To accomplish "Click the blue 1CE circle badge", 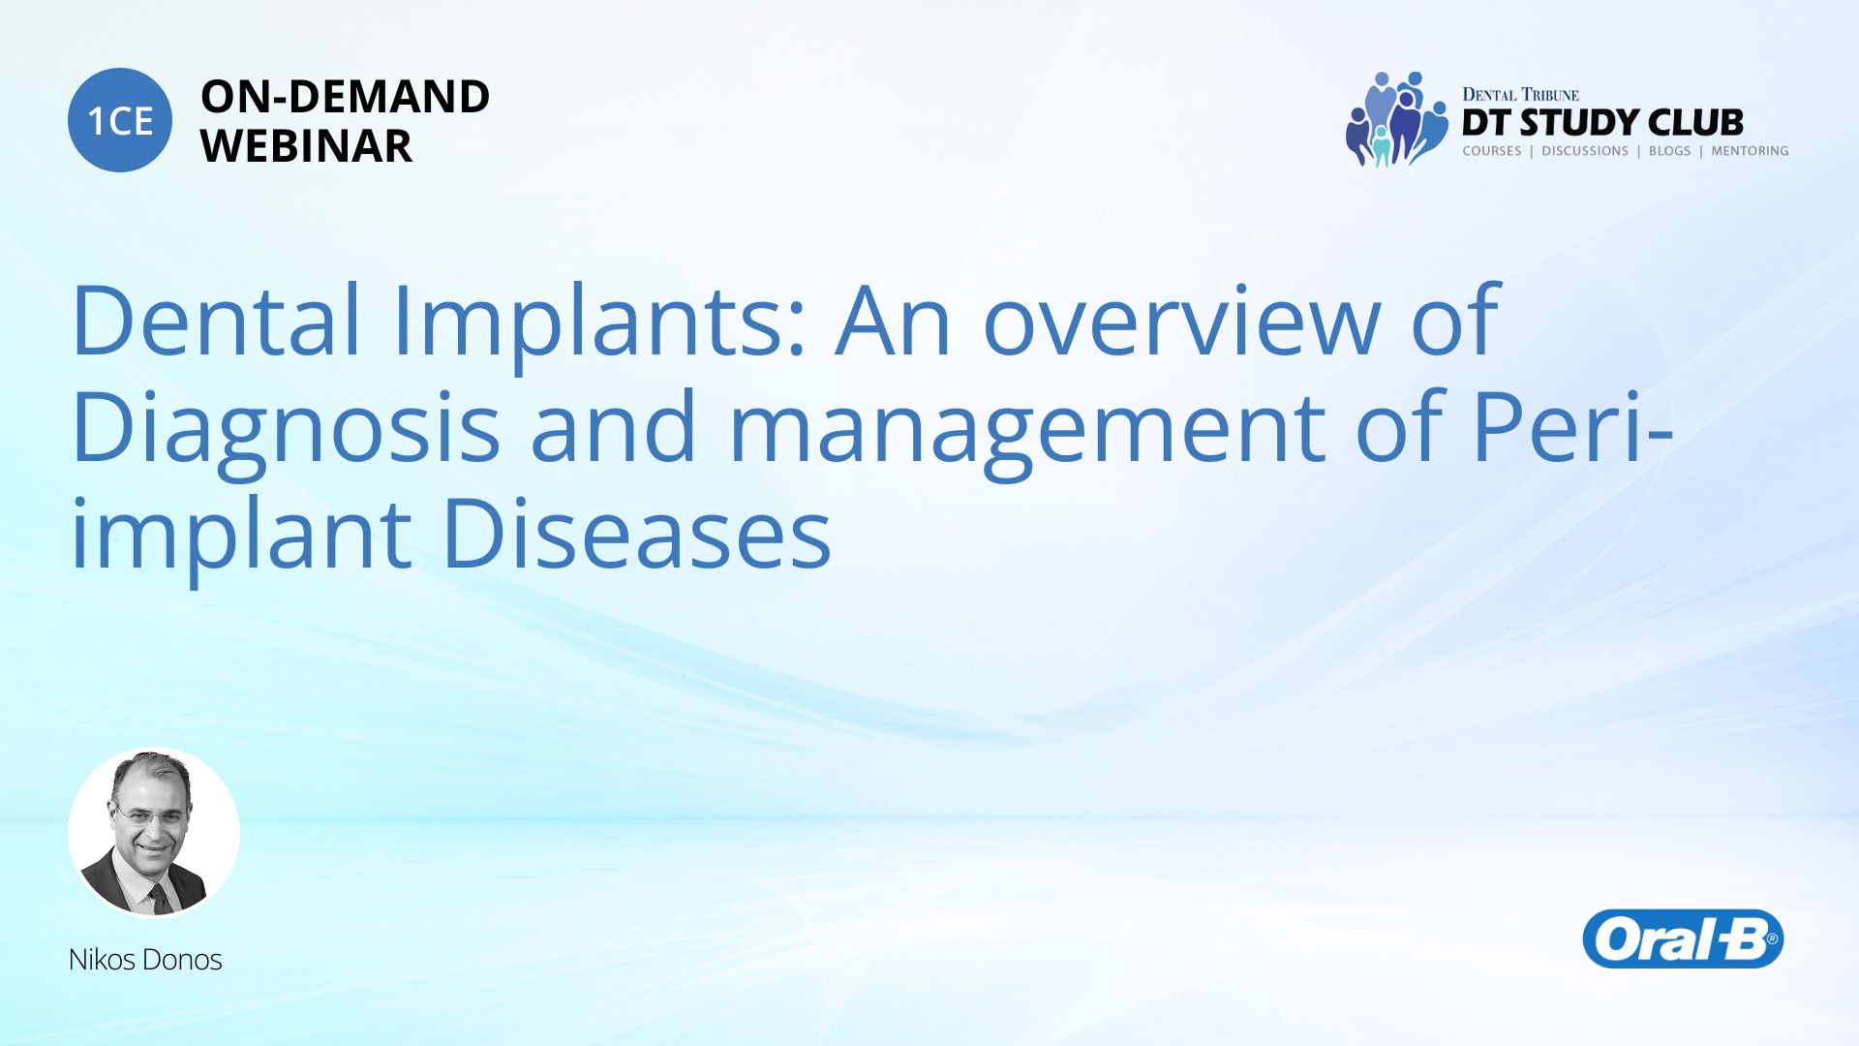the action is pos(120,120).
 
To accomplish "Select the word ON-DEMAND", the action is pos(345,97).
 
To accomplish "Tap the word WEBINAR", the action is pos(306,146).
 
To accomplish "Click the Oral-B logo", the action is pos(1683,938).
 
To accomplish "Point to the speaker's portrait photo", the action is pos(154,832).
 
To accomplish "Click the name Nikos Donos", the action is pos(145,960).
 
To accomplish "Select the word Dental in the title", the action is pos(216,320).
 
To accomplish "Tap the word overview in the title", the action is pos(1181,322).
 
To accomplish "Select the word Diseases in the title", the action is pos(636,534).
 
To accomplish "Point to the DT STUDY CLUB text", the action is pos(1602,123).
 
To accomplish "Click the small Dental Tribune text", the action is pos(1520,95).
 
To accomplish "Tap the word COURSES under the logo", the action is pos(1491,151).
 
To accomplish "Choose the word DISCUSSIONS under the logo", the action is pos(1585,151).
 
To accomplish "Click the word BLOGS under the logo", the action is pos(1669,151).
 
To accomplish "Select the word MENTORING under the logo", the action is pos(1750,151).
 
